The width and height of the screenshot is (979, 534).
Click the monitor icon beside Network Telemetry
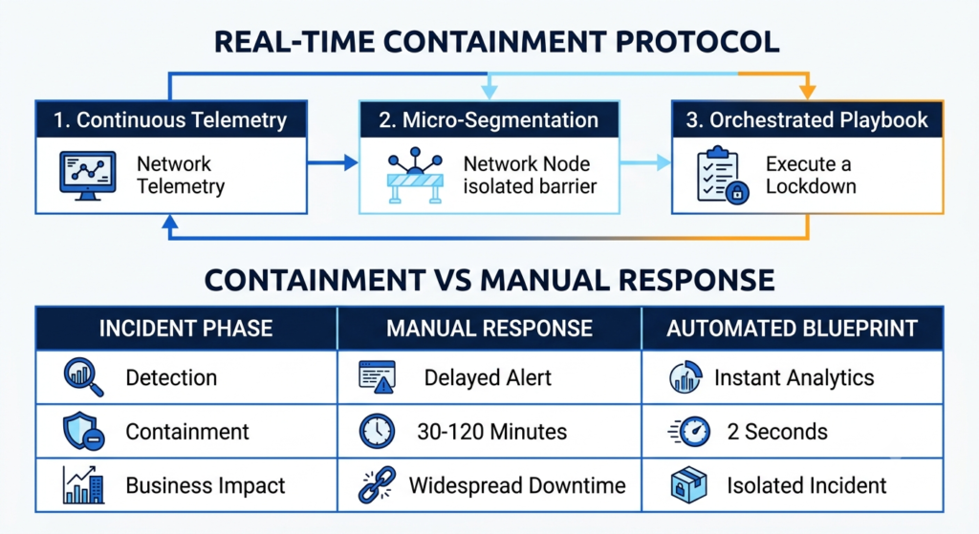(87, 176)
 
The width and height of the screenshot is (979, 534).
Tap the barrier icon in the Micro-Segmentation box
(415, 176)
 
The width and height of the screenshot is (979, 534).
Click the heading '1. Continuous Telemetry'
(170, 119)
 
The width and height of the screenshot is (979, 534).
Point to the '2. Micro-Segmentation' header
(489, 119)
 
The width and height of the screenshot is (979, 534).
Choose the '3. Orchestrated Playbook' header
(807, 119)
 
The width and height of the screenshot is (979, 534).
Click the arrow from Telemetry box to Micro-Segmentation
(333, 162)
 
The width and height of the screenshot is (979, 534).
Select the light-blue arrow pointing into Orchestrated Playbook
(645, 162)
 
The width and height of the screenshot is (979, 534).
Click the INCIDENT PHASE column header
(186, 328)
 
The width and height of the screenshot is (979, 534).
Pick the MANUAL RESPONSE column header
(489, 328)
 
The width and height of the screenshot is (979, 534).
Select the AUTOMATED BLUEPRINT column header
(792, 328)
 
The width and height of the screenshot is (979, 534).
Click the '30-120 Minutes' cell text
(492, 432)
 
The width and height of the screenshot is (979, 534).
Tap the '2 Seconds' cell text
(777, 432)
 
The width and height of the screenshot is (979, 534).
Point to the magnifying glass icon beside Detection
(83, 377)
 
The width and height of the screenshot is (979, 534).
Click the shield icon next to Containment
(83, 431)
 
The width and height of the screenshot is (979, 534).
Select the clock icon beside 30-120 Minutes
(377, 431)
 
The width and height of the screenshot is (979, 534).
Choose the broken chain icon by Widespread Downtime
(377, 484)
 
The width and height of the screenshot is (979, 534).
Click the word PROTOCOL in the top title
(697, 42)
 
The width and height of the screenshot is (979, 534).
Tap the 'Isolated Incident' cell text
(807, 485)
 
